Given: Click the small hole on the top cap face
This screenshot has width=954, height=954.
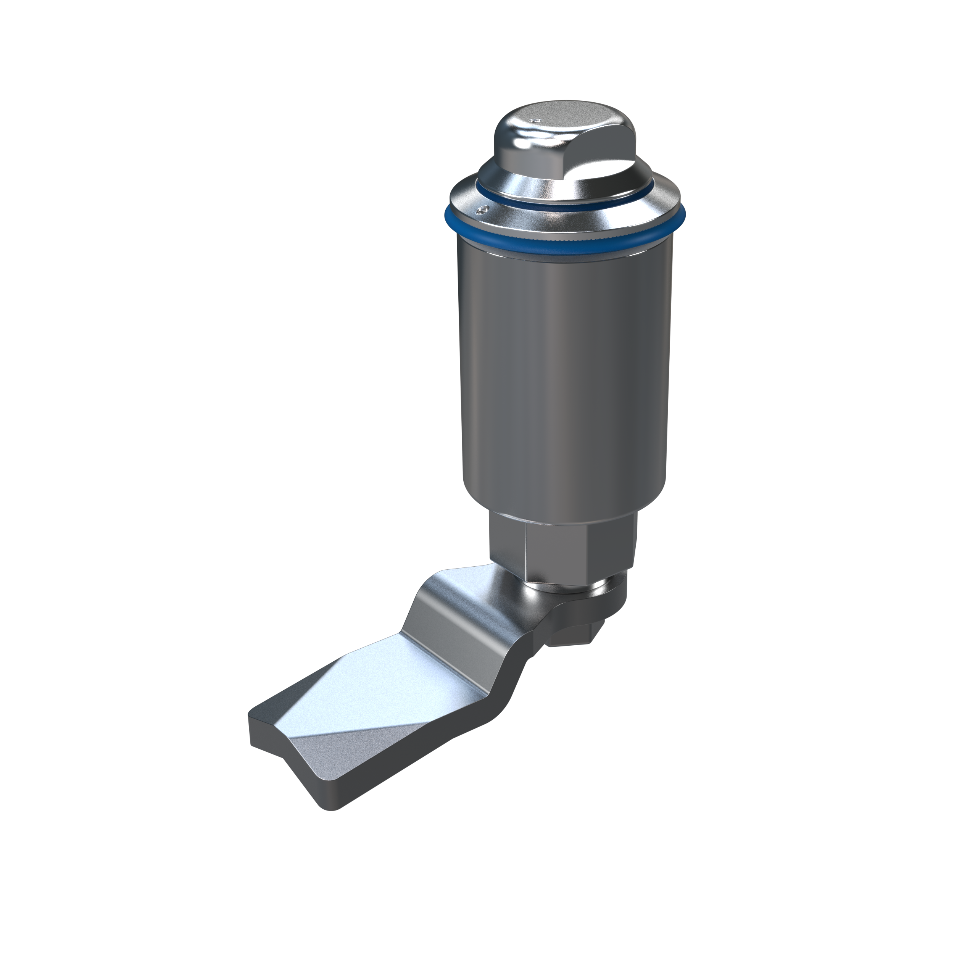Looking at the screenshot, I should coord(536,120).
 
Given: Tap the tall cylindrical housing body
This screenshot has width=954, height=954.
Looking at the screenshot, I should coord(563,375).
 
